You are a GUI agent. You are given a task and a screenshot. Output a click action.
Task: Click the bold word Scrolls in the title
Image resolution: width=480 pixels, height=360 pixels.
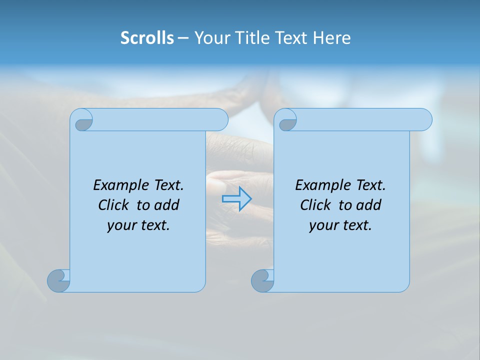point(147,38)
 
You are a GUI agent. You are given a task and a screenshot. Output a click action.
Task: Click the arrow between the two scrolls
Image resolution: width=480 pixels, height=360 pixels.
point(236,198)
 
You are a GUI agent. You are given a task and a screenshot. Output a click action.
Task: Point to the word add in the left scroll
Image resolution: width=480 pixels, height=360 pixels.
point(167,205)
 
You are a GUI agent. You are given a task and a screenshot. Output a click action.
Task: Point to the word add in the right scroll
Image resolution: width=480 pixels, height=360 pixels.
point(369,205)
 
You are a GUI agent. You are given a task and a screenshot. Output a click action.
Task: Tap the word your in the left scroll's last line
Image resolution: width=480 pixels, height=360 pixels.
point(120,225)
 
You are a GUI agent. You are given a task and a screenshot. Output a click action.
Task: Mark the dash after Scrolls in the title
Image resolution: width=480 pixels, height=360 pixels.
point(183,38)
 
